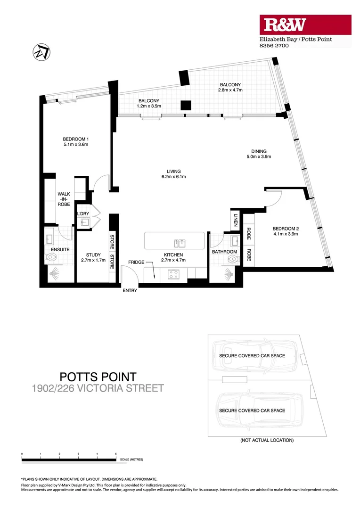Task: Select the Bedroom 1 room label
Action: click(76, 142)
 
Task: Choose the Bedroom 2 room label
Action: click(286, 232)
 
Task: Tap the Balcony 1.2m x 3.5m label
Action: click(149, 104)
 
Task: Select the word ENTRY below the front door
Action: click(130, 291)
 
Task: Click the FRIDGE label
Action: click(136, 262)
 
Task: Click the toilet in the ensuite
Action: click(52, 257)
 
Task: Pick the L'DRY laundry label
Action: click(83, 214)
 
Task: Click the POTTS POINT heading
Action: click(98, 377)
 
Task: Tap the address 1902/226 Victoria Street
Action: click(98, 389)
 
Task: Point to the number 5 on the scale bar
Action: click(116, 454)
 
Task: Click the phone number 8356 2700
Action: click(274, 46)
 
